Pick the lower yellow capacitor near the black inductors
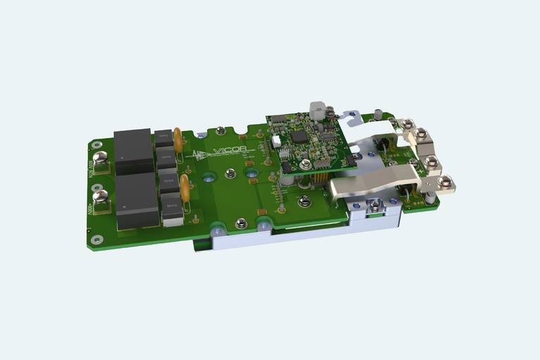[x=184, y=187]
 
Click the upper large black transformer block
[x=134, y=151]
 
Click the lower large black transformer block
[x=137, y=200]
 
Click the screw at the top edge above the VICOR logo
[x=221, y=130]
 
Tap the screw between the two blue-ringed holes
[x=241, y=223]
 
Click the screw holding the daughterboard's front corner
[x=304, y=204]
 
